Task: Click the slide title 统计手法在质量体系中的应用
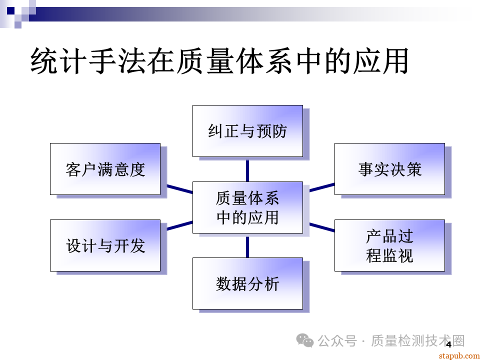pyautogui.click(x=220, y=61)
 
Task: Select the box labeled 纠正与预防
pyautogui.click(x=247, y=131)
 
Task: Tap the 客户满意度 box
pyautogui.click(x=105, y=169)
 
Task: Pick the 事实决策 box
pyautogui.click(x=389, y=169)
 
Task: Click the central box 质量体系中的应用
pyautogui.click(x=247, y=207)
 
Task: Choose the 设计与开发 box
pyautogui.click(x=105, y=245)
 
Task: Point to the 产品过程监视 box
pyautogui.click(x=389, y=245)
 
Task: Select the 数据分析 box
pyautogui.click(x=247, y=283)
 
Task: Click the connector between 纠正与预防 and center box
pyautogui.click(x=247, y=170)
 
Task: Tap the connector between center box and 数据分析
pyautogui.click(x=247, y=246)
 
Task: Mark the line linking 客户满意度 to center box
pyautogui.click(x=179, y=189)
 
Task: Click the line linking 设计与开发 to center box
pyautogui.click(x=179, y=225)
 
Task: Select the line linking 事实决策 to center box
pyautogui.click(x=321, y=187)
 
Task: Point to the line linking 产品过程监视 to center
pyautogui.click(x=321, y=227)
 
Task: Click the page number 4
pyautogui.click(x=448, y=344)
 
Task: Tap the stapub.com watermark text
pyautogui.click(x=458, y=355)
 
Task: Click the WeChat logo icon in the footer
pyautogui.click(x=305, y=341)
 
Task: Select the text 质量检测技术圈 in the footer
pyautogui.click(x=418, y=341)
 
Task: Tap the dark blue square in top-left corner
pyautogui.click(x=10, y=10)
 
